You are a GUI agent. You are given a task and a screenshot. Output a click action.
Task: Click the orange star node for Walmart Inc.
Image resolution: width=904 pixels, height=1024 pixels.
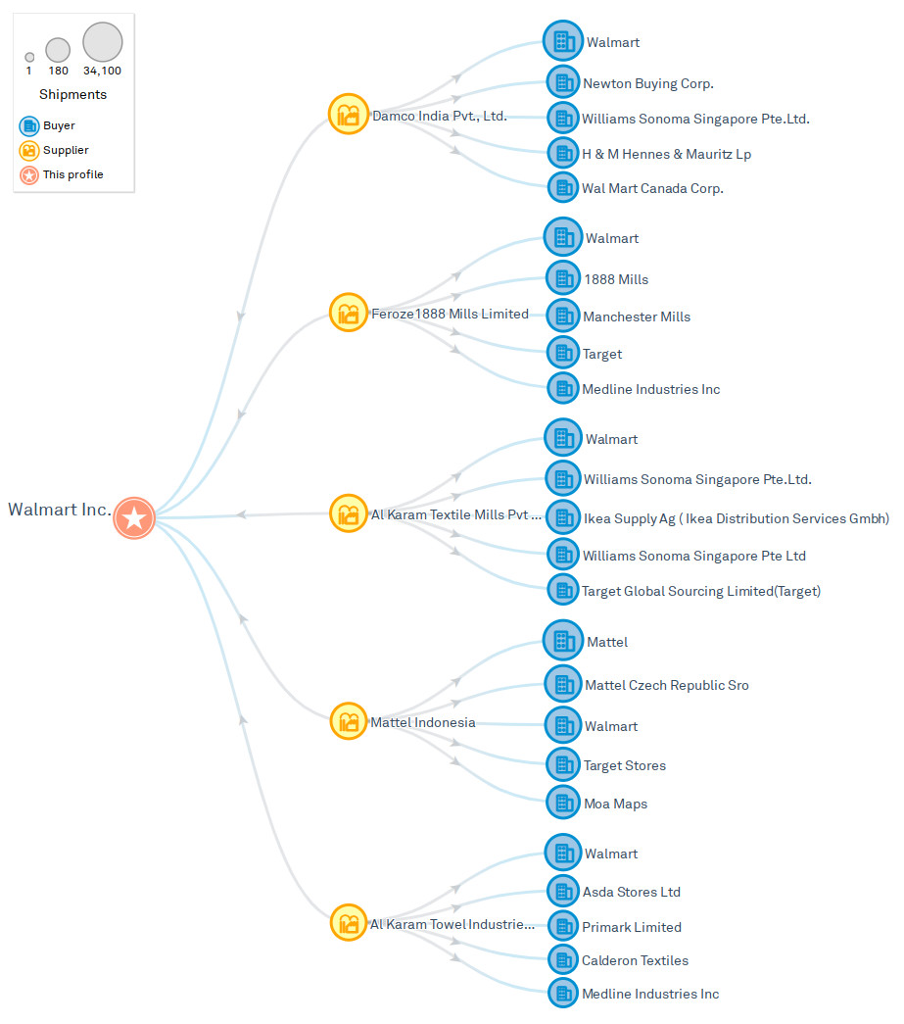(x=134, y=517)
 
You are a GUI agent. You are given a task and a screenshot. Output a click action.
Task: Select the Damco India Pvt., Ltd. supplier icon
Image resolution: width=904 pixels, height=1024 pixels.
(x=348, y=115)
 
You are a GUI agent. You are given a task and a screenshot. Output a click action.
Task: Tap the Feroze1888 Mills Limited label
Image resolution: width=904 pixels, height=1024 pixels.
(x=450, y=315)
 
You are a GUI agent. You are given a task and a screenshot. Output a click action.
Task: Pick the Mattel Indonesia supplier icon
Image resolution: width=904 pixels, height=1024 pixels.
(x=348, y=722)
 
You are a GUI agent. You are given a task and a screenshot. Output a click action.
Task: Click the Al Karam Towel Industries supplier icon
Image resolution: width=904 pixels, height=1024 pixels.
(x=348, y=923)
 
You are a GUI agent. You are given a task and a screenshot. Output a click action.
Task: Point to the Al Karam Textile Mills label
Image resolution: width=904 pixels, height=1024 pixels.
(x=455, y=514)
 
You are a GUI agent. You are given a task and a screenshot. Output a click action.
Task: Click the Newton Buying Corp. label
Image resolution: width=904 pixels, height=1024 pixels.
(x=647, y=83)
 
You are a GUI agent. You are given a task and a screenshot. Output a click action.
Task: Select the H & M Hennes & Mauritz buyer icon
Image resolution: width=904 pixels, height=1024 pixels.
(x=562, y=153)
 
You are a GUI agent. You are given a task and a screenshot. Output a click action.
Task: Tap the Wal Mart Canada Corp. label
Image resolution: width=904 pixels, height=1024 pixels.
(x=652, y=188)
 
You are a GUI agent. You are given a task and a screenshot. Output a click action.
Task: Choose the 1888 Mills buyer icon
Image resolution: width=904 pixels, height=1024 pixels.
(x=562, y=278)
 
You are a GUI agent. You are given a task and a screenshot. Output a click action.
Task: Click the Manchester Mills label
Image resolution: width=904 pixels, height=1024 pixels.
(x=637, y=317)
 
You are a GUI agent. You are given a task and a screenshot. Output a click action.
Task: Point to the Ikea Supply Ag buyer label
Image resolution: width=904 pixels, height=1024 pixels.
(x=736, y=518)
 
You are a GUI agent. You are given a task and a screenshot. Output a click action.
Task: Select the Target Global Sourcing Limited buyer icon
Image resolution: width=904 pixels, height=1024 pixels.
(x=562, y=590)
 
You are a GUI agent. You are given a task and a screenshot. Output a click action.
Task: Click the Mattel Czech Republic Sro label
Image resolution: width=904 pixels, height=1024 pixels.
(x=666, y=685)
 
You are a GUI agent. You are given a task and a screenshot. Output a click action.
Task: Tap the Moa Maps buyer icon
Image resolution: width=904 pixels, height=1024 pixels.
(x=562, y=803)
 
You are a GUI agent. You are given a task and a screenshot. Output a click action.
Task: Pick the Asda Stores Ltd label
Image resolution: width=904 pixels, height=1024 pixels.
(x=631, y=892)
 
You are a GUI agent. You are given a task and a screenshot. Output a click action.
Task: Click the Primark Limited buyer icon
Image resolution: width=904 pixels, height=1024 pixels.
(x=562, y=926)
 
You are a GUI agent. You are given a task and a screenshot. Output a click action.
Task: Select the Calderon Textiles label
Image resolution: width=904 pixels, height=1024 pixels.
(x=635, y=960)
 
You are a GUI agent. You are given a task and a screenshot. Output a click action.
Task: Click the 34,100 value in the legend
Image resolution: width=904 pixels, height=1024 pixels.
(x=102, y=71)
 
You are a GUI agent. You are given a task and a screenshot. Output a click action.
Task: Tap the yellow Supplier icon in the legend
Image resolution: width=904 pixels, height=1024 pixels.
(x=29, y=150)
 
